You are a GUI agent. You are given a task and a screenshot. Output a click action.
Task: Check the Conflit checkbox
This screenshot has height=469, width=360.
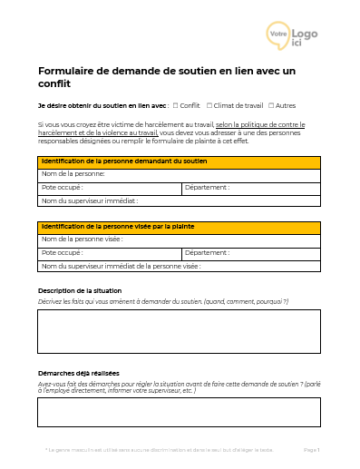175,105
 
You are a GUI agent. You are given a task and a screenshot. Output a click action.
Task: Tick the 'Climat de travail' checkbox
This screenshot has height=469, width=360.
209,105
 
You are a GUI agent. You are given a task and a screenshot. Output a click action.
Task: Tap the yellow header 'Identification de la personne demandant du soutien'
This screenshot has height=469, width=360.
179,161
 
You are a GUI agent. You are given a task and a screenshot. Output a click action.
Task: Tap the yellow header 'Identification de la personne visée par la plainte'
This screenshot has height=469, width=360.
179,227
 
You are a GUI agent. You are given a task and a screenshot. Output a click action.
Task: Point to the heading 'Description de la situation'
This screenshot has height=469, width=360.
80,290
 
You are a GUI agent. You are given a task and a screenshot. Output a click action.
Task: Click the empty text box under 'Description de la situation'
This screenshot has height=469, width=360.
179,331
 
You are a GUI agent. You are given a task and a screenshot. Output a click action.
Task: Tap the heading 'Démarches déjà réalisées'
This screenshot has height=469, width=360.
79,373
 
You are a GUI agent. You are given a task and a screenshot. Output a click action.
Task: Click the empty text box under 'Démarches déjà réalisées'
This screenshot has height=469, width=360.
179,411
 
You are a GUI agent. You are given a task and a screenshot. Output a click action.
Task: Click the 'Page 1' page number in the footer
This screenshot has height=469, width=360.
311,449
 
